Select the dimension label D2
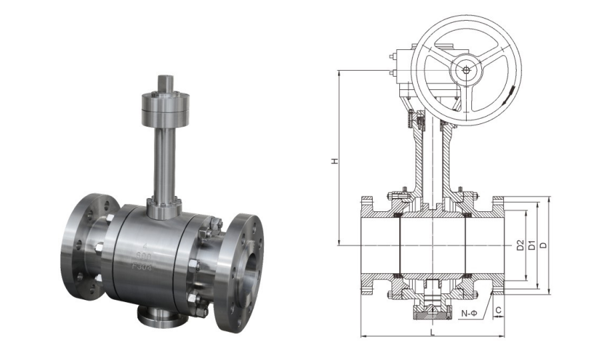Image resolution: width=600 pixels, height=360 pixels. pyautogui.click(x=519, y=245)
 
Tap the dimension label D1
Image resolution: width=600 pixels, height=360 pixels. pyautogui.click(x=531, y=245)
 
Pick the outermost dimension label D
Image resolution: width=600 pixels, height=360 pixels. pyautogui.click(x=545, y=245)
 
